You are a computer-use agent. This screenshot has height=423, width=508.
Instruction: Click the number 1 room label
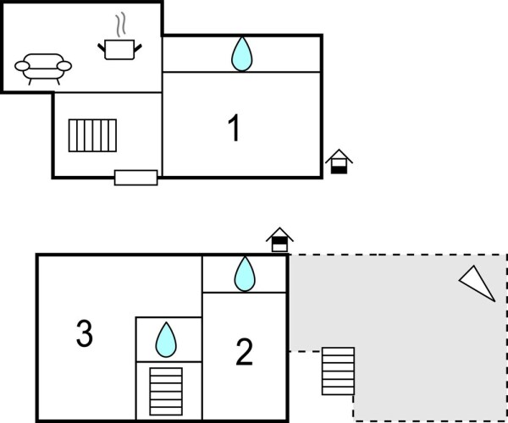tap(235, 129)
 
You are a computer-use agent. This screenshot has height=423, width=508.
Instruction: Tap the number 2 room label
tap(244, 352)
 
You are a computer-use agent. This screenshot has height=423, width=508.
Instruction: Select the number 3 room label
tap(84, 333)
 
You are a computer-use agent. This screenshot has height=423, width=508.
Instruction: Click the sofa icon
tap(43, 66)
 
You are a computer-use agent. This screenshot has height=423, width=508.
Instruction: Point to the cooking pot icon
tap(119, 48)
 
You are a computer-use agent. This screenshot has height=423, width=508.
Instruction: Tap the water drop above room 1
tap(242, 54)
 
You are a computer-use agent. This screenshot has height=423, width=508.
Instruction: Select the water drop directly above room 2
tap(245, 274)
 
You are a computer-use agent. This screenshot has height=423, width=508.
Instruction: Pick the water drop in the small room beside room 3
tap(166, 340)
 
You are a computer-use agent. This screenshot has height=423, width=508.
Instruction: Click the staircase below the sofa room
tap(92, 135)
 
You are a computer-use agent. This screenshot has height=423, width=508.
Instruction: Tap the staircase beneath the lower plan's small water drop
tap(166, 391)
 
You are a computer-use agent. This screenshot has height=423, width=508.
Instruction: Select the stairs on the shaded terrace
tap(338, 371)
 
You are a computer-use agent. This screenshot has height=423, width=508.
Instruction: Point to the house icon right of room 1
tap(339, 162)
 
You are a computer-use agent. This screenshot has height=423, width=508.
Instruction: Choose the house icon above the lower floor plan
tap(279, 240)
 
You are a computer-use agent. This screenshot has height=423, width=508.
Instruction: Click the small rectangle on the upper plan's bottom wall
tap(135, 178)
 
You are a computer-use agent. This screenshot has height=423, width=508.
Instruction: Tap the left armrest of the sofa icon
tap(21, 66)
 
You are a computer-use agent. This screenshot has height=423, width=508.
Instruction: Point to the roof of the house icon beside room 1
tap(339, 155)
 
